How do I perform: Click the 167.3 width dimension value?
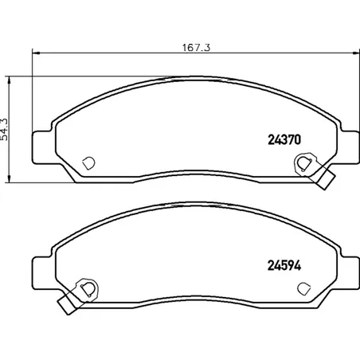pos(196,48)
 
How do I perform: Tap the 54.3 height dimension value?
pos(5,129)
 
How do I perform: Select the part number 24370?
pos(284,139)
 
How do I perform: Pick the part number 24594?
pos(284,265)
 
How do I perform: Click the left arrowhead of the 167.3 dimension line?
pos(36,53)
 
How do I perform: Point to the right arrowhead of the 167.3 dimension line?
pos(355,53)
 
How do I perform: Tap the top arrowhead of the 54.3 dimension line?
pos(10,80)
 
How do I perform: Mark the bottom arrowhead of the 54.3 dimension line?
pos(10,178)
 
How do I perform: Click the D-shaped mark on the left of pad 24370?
pos(88,163)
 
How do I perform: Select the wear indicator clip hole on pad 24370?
pos(303,163)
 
